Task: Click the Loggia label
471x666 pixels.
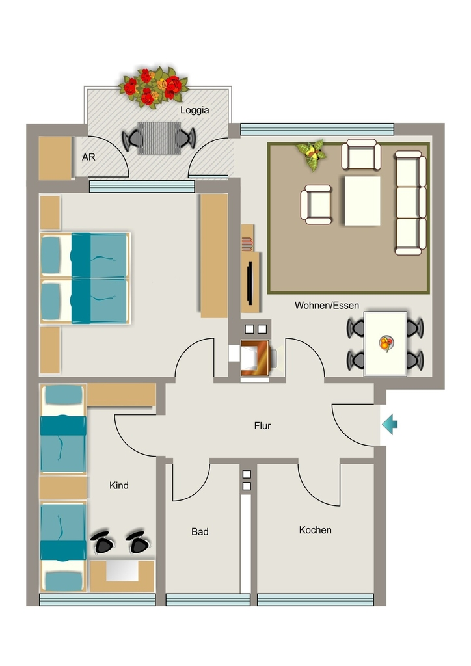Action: coord(195,110)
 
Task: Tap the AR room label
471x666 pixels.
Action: coord(88,157)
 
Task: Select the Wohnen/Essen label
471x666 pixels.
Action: coord(327,306)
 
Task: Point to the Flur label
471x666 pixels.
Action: coord(262,425)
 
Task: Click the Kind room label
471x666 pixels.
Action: coord(118,485)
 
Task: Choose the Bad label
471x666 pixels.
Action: coord(200,532)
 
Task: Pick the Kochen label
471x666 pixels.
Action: coord(315,530)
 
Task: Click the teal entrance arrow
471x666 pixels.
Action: coord(390,424)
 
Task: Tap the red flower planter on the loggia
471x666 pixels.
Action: coord(154,87)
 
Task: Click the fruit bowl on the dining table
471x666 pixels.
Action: coord(386,343)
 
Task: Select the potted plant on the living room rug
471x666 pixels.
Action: coord(312,155)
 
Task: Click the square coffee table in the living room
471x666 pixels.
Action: coord(362,200)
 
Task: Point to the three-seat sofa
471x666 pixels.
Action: coord(410,203)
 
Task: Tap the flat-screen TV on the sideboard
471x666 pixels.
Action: coord(250,284)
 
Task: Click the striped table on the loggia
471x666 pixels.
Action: coord(159,138)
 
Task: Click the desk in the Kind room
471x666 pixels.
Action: coord(122,576)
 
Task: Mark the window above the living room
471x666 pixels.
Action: coord(317,129)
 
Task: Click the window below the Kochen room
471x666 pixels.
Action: coord(315,600)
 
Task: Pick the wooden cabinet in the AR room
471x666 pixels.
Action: coord(55,158)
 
